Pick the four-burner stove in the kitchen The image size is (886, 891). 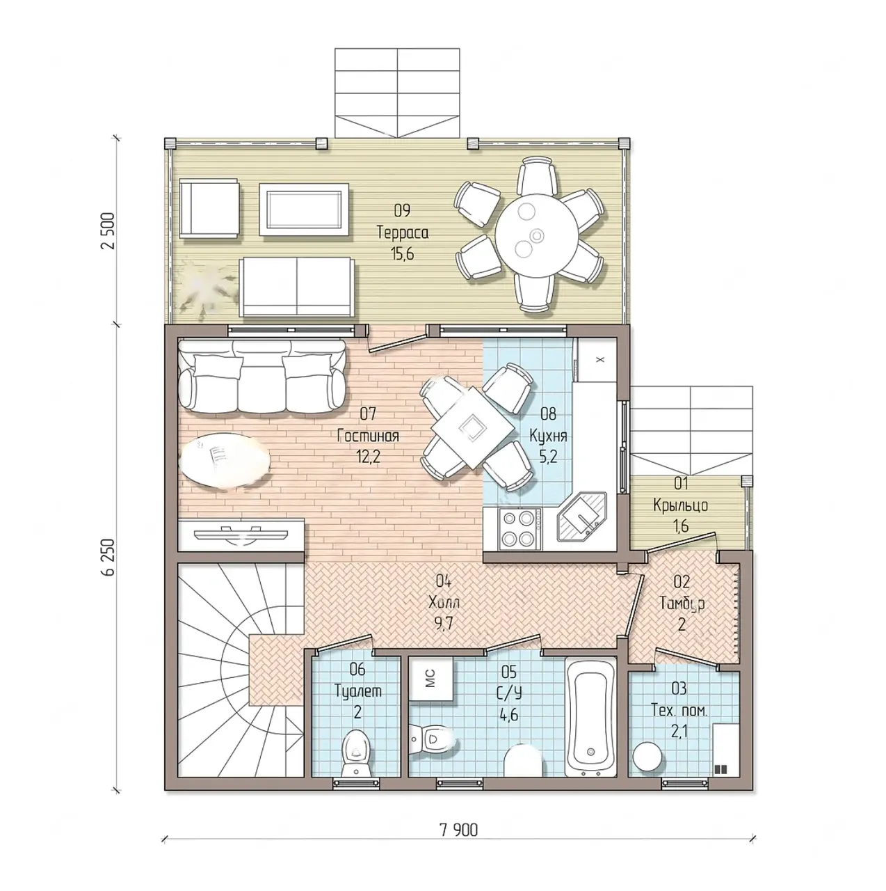click(519, 528)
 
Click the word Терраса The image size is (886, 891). click(403, 232)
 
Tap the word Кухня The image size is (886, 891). click(548, 436)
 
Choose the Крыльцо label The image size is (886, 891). click(680, 505)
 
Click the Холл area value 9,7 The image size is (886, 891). click(442, 624)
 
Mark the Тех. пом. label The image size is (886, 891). click(679, 711)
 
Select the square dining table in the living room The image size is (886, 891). click(473, 428)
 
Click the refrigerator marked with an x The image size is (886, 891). click(598, 360)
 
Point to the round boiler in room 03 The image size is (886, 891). click(647, 757)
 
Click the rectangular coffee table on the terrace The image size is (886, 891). click(303, 210)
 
